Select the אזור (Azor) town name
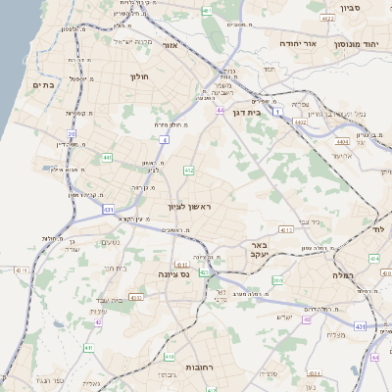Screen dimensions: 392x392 [170, 45]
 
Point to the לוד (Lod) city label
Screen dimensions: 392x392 [380, 227]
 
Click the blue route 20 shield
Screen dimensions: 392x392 [72, 133]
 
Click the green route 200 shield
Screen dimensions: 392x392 [277, 281]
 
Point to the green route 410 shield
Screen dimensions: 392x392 [170, 358]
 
